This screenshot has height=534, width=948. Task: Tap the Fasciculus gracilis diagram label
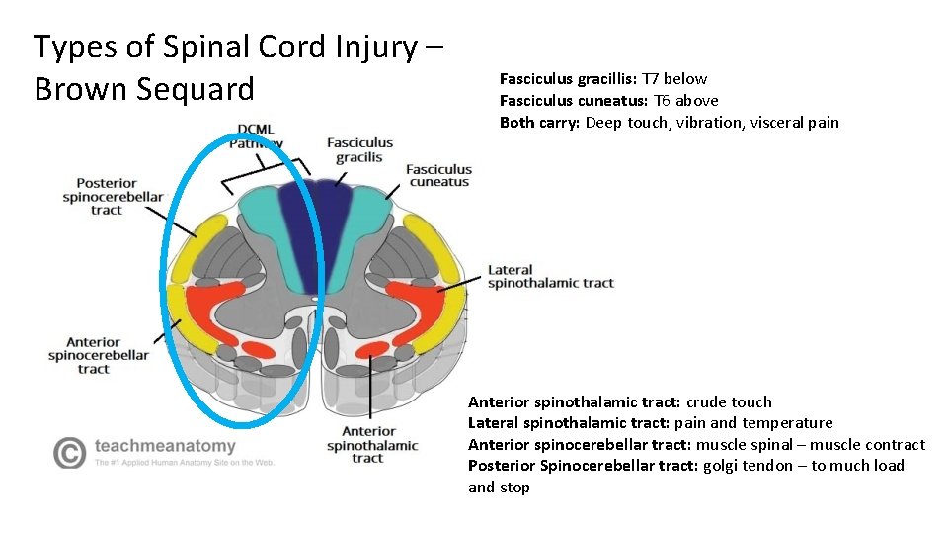(x=359, y=150)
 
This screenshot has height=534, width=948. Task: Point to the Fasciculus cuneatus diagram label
(x=438, y=176)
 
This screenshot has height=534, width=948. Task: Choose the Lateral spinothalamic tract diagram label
(x=550, y=276)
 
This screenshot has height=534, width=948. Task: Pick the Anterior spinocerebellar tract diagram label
(x=98, y=355)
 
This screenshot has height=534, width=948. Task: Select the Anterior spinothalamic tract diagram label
(x=373, y=444)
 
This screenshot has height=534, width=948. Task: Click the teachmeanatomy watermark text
(x=165, y=446)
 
